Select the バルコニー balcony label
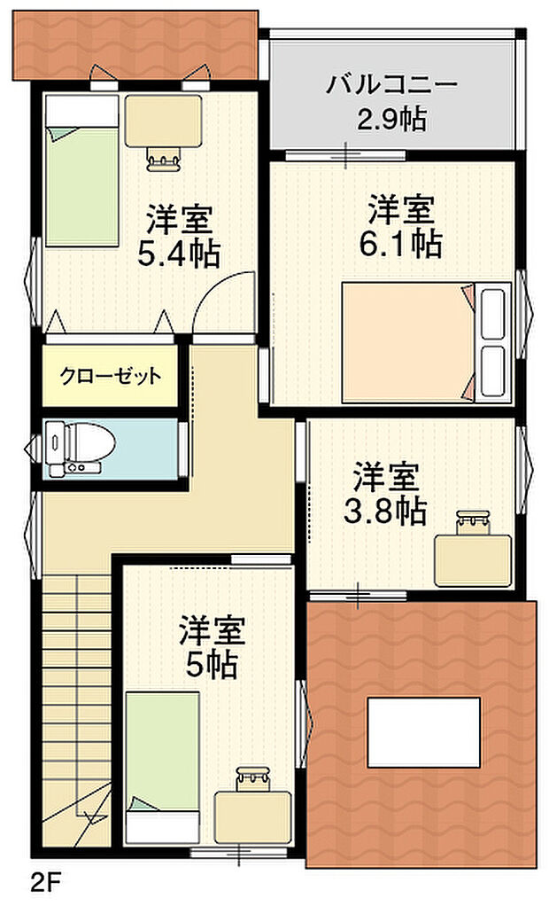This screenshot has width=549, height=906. coord(391,86)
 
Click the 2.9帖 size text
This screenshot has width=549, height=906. coord(391,118)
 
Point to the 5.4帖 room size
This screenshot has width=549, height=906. coord(178,254)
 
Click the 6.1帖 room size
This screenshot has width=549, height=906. coord(401,243)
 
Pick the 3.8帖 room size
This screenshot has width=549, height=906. coord(385,510)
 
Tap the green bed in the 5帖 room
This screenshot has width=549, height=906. coord(161,767)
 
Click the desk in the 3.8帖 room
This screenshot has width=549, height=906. coord(472,558)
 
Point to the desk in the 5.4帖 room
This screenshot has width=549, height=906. coord(162,121)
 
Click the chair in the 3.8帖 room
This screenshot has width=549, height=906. coord(474,522)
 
